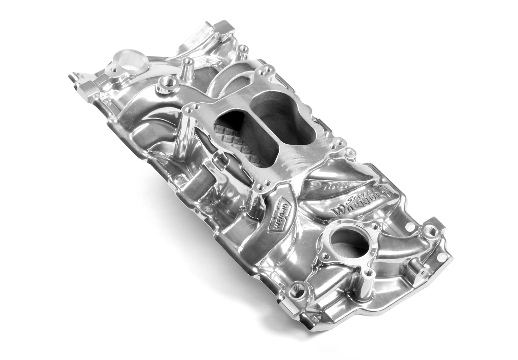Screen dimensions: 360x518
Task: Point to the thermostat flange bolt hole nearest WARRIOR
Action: pos(374,226)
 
